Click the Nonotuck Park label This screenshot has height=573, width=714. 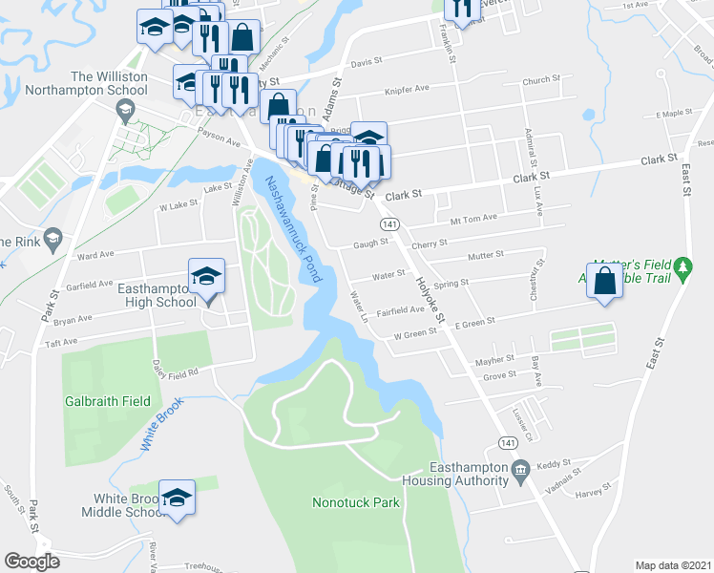(356, 502)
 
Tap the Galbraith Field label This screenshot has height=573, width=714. (107, 401)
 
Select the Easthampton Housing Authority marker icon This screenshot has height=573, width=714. (520, 469)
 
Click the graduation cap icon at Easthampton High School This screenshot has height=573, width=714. (206, 276)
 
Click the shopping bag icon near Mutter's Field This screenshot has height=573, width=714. (604, 282)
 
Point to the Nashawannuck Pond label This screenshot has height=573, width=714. (292, 229)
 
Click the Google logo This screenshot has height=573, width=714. (31, 562)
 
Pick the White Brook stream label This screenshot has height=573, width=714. (160, 425)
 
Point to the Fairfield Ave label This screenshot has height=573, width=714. (401, 310)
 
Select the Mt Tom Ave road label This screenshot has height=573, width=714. (474, 218)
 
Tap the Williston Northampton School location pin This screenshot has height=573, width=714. (123, 115)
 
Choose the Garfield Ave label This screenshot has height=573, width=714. (90, 284)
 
